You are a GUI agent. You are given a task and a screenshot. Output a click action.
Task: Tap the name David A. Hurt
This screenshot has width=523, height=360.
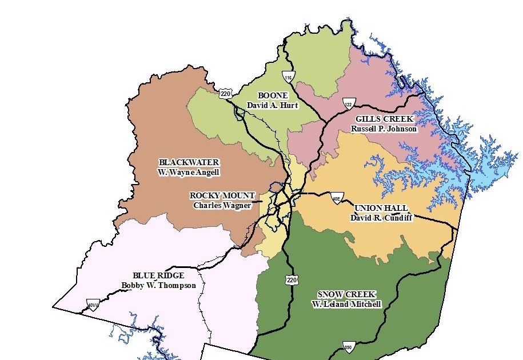click(272, 105)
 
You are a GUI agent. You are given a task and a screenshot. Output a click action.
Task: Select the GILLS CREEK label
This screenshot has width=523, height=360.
click(384, 118)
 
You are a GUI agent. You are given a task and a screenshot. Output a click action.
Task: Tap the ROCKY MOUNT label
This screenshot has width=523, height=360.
click(222, 195)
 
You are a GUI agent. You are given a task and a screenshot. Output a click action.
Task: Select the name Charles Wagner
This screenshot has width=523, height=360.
click(222, 205)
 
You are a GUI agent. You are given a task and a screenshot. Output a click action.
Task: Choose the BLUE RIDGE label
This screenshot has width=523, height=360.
click(158, 275)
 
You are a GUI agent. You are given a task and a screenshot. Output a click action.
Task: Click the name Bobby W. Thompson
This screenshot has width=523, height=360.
click(158, 285)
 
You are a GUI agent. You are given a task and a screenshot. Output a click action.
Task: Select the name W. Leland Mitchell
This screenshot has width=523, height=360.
click(346, 304)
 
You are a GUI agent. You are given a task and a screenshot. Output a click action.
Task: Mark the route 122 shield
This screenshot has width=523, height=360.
click(349, 103)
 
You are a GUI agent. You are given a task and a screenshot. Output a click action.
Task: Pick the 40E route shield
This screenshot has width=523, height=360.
click(337, 198)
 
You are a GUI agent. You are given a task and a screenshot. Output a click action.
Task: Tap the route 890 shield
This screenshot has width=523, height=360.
click(349, 347)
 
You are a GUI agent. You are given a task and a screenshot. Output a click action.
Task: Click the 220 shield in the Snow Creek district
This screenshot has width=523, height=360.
click(292, 279)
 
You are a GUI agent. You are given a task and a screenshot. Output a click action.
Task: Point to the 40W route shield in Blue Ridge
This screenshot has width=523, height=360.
click(93, 305)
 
